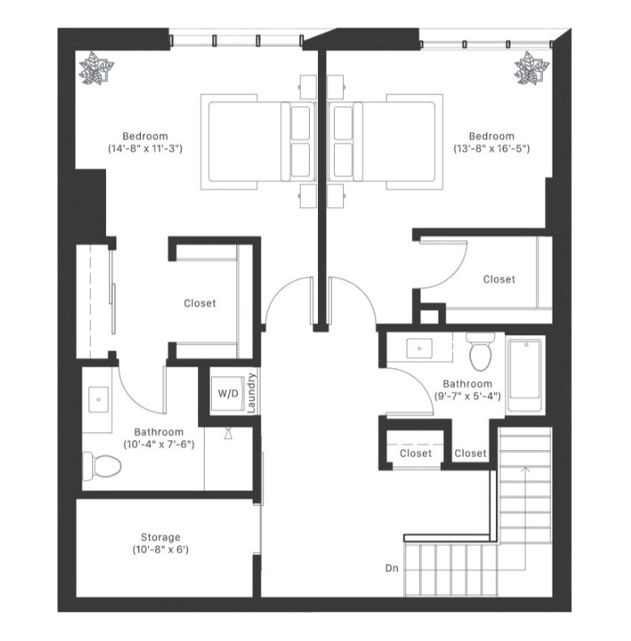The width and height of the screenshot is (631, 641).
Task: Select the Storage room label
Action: click(x=160, y=537)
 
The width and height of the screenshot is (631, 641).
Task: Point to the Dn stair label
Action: click(x=392, y=569)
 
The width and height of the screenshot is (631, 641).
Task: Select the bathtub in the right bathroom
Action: click(x=526, y=369)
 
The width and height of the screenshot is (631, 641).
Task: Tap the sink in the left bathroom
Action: click(x=100, y=399)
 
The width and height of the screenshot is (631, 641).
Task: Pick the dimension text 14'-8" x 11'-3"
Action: click(x=145, y=149)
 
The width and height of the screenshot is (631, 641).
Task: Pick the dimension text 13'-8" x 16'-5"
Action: click(x=491, y=149)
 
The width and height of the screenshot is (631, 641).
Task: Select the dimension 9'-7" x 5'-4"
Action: click(x=467, y=397)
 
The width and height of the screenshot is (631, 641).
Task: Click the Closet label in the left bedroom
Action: click(x=200, y=304)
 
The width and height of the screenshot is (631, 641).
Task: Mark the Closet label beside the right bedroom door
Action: click(x=498, y=279)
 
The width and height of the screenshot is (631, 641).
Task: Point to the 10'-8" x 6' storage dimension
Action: click(x=160, y=550)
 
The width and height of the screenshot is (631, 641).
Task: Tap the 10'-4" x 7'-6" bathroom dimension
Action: click(x=159, y=444)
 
